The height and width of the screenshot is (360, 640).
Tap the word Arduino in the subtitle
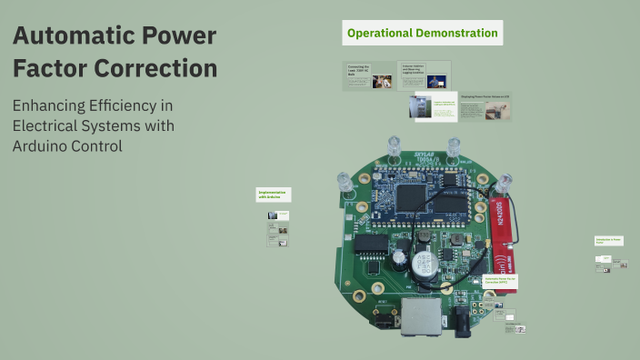click(x=45, y=145)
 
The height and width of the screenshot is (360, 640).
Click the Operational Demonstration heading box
click(x=423, y=34)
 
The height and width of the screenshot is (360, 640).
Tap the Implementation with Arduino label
click(x=273, y=194)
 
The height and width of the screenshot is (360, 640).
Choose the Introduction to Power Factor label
click(x=608, y=241)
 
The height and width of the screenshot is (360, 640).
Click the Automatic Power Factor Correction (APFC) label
click(x=499, y=282)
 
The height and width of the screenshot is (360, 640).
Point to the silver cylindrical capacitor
click(x=424, y=265)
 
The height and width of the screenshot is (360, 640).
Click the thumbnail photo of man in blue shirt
click(x=383, y=81)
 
